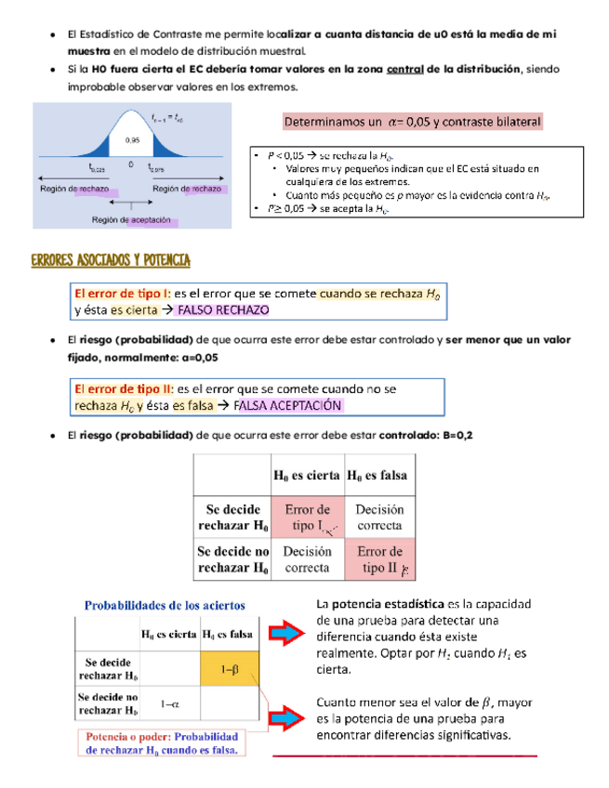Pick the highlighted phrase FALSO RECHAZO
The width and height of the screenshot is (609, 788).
click(x=225, y=310)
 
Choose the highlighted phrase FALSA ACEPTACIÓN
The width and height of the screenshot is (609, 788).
click(x=288, y=405)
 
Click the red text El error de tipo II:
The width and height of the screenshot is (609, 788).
click(x=123, y=389)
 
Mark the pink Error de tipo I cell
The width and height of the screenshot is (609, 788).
click(x=307, y=519)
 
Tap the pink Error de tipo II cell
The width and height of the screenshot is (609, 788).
click(x=379, y=560)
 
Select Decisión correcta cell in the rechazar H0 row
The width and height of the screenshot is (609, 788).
click(x=379, y=519)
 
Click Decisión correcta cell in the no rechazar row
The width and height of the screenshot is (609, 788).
click(x=307, y=560)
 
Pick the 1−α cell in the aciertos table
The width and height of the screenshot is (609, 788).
click(x=168, y=703)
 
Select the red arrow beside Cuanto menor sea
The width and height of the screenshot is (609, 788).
click(x=290, y=716)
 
